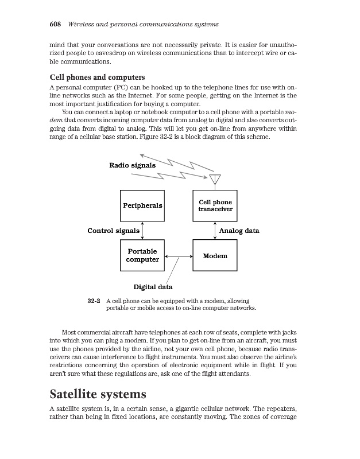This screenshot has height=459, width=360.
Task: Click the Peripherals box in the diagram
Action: click(142, 205)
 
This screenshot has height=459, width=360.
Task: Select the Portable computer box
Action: click(142, 255)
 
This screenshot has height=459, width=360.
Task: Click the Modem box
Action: click(215, 255)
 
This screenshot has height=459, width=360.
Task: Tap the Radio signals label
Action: click(132, 166)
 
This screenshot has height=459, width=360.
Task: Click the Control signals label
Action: click(113, 231)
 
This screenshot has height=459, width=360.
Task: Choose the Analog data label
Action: click(239, 231)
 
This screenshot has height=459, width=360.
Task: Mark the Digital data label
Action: click(153, 286)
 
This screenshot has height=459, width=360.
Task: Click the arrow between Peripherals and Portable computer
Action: click(142, 231)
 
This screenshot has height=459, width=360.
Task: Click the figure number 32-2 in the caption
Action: click(94, 300)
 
